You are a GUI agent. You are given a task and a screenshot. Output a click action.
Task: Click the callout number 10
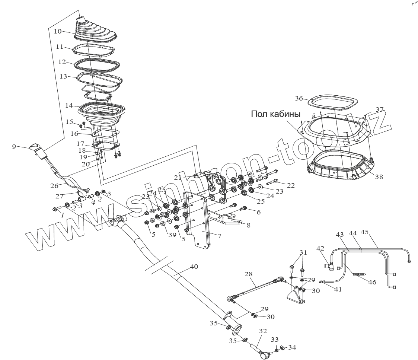coord(57,31)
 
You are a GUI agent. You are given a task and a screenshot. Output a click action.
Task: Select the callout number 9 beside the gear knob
coord(14,147)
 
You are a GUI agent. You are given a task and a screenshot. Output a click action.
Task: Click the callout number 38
coord(379,178)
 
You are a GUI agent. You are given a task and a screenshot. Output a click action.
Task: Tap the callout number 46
coord(372,283)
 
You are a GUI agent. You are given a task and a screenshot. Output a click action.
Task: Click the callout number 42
coord(320,248)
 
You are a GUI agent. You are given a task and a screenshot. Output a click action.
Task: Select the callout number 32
coord(263,331)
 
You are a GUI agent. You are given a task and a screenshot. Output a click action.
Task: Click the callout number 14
coord(69,105)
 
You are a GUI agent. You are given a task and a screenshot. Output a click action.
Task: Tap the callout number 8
coord(248,225)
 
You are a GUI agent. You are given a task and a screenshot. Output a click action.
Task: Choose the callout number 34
coord(292,348)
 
